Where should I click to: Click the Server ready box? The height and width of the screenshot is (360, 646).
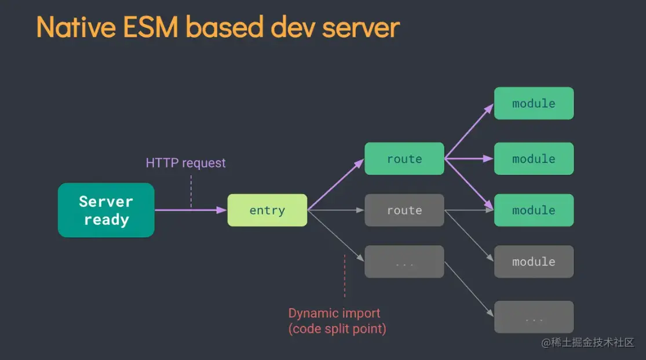(106, 210)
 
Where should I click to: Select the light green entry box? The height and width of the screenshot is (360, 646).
(267, 210)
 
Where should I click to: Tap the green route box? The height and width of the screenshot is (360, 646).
(404, 159)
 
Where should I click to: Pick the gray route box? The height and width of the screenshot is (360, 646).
(404, 210)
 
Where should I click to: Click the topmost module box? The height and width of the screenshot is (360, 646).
(534, 104)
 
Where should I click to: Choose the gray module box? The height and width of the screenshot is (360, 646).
(534, 261)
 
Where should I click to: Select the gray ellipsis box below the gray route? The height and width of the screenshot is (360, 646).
(404, 262)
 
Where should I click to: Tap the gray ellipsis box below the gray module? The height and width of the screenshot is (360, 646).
(534, 317)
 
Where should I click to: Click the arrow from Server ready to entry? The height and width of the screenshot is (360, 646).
(191, 210)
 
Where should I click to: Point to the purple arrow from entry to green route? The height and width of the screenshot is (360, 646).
(336, 184)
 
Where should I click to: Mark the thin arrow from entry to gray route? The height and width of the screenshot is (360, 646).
(336, 210)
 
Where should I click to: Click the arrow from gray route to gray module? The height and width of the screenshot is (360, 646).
(469, 236)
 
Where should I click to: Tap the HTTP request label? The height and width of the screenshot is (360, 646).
(186, 163)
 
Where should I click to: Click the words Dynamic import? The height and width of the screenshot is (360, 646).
(334, 314)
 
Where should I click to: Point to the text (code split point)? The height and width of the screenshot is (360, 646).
(337, 329)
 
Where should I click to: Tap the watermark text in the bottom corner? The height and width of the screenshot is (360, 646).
(587, 343)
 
